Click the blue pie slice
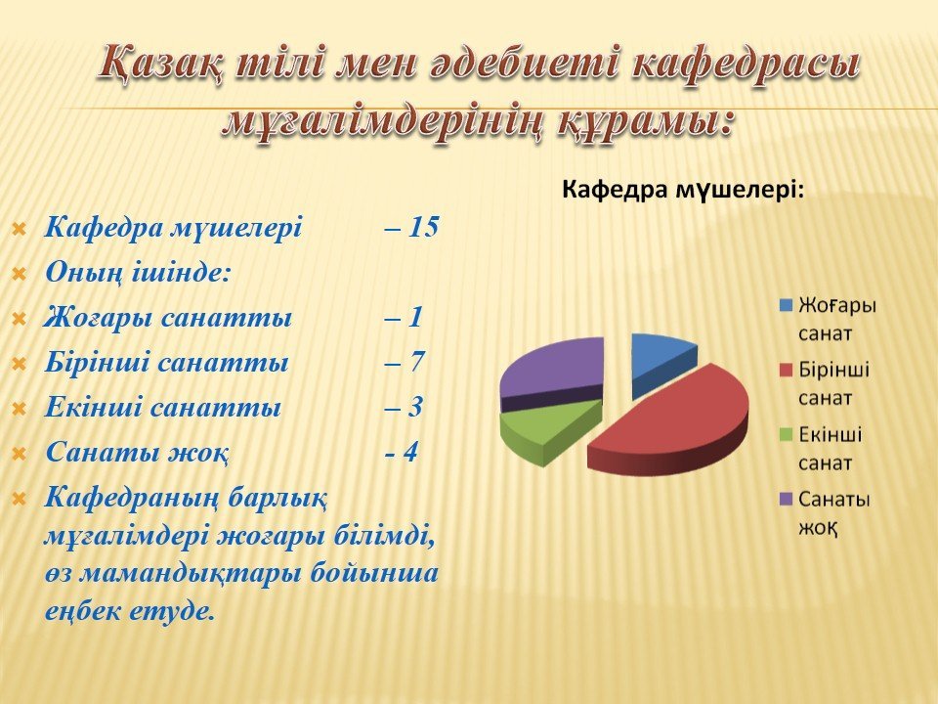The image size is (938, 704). coord(661,362)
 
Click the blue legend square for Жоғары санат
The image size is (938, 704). coord(786,305)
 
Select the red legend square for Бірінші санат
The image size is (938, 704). coord(786,370)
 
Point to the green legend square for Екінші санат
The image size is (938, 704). coord(786,434)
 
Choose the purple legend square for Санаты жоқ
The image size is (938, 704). coord(786,500)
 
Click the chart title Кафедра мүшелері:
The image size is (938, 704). coord(683,191)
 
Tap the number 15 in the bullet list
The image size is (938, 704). coord(424,228)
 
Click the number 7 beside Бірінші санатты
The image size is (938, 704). coord(416,362)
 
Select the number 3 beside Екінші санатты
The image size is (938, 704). coord(415,407)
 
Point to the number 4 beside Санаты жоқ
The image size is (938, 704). coord(409,452)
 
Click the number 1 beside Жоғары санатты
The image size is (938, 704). coord(415,317)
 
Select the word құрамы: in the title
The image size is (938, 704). coord(646,122)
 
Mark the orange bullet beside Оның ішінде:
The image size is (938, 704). coord(20,275)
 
